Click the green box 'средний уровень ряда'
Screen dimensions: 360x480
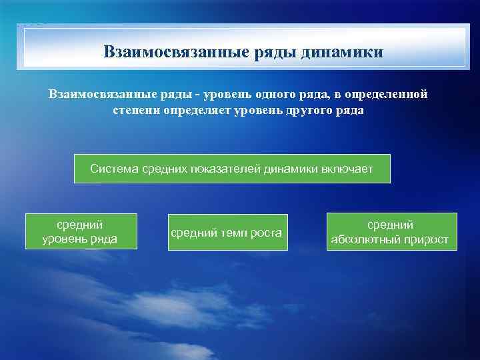(81, 231)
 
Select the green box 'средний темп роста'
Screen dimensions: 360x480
(227, 232)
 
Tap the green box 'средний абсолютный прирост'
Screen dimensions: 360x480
(391, 232)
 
